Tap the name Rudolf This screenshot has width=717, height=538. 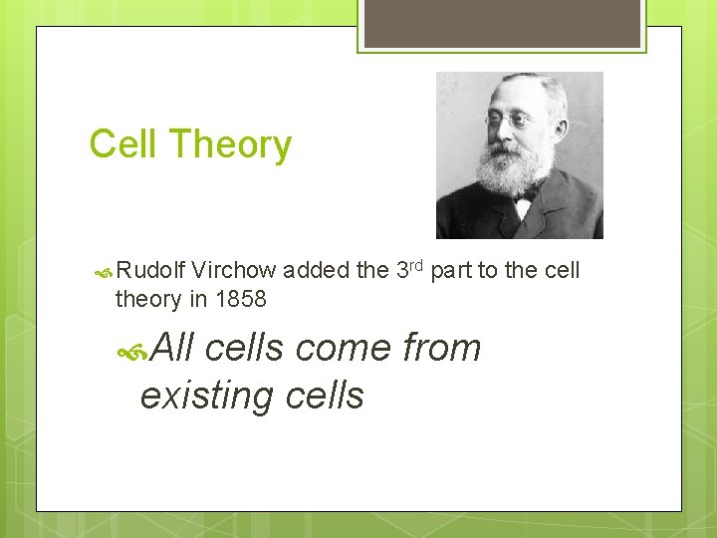point(150,270)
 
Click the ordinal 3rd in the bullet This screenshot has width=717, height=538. point(409,269)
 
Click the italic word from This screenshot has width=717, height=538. point(441,348)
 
